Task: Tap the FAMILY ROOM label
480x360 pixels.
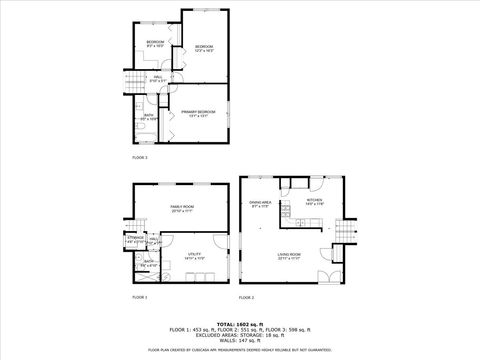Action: (181, 207)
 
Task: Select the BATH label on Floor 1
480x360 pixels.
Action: (147, 263)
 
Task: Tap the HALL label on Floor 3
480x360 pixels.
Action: (157, 77)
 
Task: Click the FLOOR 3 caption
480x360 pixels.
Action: (140, 157)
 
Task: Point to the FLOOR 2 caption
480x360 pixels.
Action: (246, 298)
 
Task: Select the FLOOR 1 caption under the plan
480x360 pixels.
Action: (140, 298)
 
